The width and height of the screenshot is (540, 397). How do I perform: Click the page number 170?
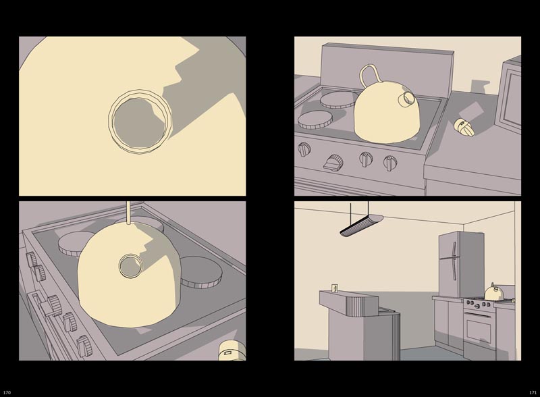coord(7,392)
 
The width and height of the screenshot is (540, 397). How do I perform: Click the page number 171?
coord(533,392)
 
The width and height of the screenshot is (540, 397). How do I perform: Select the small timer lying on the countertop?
coord(464,127)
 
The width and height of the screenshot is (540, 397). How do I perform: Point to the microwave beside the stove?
coord(509,94)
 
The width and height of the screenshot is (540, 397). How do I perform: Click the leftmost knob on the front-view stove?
coord(304,149)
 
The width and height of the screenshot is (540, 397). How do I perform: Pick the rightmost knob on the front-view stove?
coord(390,162)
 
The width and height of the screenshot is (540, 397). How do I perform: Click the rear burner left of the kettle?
coord(340,100)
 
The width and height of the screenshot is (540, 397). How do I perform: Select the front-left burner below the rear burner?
coord(315,120)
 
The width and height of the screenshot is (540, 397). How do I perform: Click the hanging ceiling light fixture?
coord(361,226)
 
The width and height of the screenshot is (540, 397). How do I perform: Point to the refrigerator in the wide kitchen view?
coord(460,264)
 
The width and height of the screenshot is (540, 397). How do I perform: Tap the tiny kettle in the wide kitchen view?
coord(494,292)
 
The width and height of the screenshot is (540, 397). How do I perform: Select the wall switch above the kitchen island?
coord(334,288)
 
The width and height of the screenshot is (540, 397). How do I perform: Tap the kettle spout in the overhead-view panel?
coord(131,266)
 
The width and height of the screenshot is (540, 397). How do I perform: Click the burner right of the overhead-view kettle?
coord(201,272)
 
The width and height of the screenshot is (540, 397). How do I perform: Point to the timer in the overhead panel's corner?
coord(232,350)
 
